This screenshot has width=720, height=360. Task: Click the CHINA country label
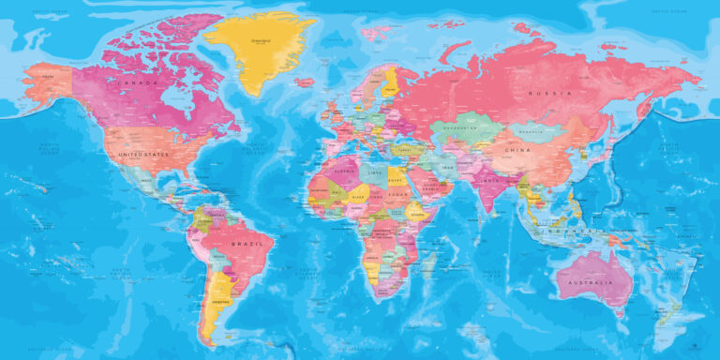[516, 150]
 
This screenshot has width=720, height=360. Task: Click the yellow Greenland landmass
[258, 47]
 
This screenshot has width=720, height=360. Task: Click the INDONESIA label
[562, 231]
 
